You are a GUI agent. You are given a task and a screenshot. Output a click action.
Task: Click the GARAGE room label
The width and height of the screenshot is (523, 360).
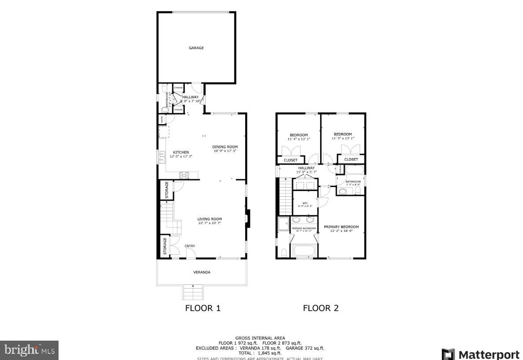(196, 48)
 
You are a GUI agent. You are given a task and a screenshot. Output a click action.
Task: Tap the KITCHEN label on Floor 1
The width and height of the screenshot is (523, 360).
(180, 152)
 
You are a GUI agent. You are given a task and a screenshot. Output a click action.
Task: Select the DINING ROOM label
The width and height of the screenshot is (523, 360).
(225, 147)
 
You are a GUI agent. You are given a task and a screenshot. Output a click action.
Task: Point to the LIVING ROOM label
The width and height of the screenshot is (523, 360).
(210, 219)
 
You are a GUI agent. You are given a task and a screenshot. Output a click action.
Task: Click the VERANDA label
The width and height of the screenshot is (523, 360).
(202, 272)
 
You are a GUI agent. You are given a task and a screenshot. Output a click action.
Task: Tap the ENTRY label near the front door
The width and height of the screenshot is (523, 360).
(190, 246)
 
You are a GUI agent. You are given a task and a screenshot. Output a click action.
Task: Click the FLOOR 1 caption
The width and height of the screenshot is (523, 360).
(203, 308)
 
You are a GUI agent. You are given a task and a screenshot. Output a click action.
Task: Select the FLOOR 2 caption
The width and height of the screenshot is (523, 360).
(320, 308)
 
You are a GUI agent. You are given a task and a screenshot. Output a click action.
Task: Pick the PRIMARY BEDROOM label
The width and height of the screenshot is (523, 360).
(341, 227)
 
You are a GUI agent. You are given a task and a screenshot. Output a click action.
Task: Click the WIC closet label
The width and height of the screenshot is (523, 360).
(305, 203)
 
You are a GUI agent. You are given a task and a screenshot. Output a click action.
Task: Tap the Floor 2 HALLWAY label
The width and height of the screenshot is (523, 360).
(306, 168)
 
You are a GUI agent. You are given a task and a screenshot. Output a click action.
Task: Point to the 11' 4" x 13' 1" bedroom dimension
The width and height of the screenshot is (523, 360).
(298, 139)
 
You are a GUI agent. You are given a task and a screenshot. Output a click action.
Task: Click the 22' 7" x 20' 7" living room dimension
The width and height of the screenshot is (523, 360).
(210, 223)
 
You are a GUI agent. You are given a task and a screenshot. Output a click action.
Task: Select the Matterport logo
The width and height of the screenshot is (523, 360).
(480, 354)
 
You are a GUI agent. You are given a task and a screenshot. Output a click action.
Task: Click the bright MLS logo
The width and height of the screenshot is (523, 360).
(29, 350)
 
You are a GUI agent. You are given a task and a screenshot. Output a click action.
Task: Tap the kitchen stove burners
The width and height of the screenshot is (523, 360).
(184, 175)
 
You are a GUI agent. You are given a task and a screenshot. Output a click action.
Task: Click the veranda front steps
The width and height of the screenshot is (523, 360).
(193, 292)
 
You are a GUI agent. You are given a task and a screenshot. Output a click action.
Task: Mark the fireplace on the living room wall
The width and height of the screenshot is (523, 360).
(248, 219)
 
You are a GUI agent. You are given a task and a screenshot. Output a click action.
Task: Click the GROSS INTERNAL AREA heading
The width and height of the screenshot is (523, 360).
(260, 338)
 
